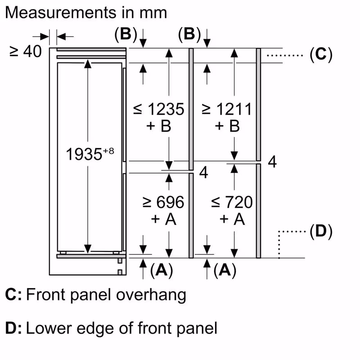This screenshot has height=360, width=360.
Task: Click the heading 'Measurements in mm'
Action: [85, 12]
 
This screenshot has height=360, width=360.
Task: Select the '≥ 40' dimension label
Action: [25, 52]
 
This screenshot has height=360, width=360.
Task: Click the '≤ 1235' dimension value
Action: [159, 109]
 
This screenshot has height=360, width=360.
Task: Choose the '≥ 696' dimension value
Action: [163, 202]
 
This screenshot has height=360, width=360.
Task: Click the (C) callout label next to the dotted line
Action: [321, 55]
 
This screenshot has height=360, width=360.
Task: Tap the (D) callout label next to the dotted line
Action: [321, 232]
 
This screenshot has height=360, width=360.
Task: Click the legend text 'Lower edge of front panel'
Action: [121, 328]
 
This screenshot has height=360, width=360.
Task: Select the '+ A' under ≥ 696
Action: [163, 219]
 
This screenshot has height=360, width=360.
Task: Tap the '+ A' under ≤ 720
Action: [232, 219]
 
